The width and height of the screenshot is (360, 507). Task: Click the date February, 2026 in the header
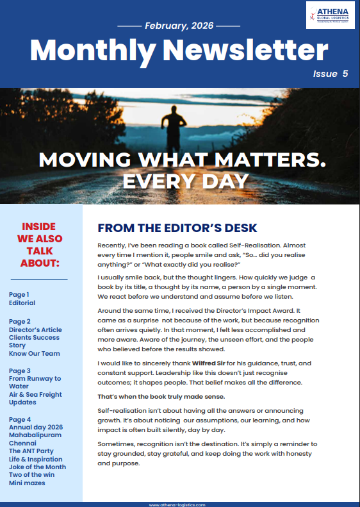[179, 26]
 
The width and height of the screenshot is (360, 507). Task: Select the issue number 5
[345, 74]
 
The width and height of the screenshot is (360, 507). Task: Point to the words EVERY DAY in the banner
[179, 180]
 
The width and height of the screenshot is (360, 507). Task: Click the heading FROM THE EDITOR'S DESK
[177, 228]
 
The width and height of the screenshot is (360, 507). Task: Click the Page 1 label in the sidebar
[19, 294]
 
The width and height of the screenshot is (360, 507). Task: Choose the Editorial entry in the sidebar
[22, 303]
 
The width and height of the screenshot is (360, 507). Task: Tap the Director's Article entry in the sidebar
[35, 330]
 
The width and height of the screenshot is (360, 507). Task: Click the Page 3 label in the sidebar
[19, 370]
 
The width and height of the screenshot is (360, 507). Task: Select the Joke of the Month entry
[37, 467]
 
